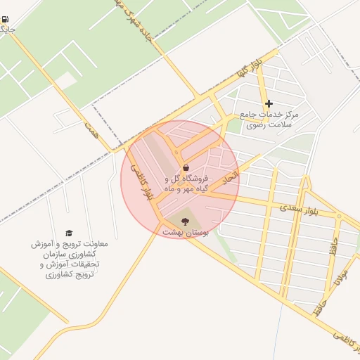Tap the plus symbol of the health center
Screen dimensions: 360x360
[269, 103]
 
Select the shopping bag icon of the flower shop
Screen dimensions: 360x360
[185, 167]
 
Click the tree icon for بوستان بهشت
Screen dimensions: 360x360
[185, 221]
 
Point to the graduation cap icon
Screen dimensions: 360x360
[69, 233]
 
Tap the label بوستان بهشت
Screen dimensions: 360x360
[183, 231]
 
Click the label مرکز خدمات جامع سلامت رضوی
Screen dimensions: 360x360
[269, 119]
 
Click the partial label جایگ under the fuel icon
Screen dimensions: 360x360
[6, 30]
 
